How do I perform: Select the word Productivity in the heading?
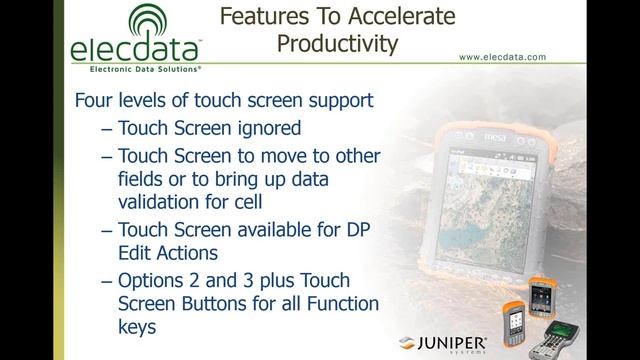tap(337, 44)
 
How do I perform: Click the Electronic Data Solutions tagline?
tap(132, 71)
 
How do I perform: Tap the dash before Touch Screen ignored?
tap(107, 129)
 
